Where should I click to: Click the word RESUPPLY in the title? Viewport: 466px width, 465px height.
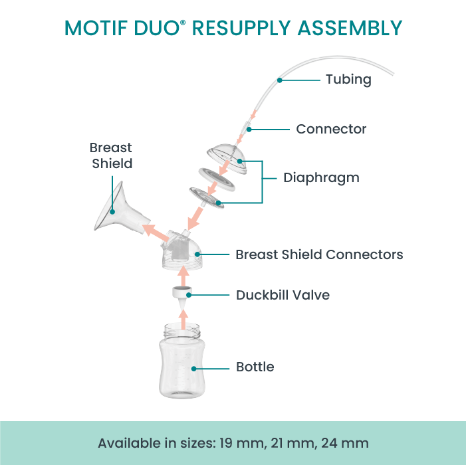tap(241, 28)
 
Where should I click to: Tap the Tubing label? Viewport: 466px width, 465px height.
tap(348, 80)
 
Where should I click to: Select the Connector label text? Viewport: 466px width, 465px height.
tap(331, 129)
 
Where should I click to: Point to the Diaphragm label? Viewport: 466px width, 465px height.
tap(321, 178)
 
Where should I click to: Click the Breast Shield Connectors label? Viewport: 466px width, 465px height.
tap(319, 254)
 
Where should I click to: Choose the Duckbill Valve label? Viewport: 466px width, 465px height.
tap(283, 295)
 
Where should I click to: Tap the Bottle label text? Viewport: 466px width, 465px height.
tap(255, 367)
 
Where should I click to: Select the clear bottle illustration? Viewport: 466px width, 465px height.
tap(182, 361)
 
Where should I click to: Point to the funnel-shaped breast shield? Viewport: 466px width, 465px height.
tap(119, 209)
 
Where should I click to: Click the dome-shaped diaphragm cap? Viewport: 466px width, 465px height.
tap(227, 158)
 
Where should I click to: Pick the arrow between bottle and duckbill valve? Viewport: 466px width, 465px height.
tap(183, 320)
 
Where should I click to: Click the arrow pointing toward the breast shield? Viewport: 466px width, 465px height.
tap(156, 232)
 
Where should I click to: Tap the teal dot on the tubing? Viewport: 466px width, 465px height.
tap(279, 80)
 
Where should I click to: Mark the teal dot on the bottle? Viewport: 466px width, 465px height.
tap(193, 369)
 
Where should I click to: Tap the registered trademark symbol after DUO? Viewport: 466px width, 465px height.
tap(183, 23)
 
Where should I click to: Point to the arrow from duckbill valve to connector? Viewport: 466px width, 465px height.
tap(183, 276)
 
